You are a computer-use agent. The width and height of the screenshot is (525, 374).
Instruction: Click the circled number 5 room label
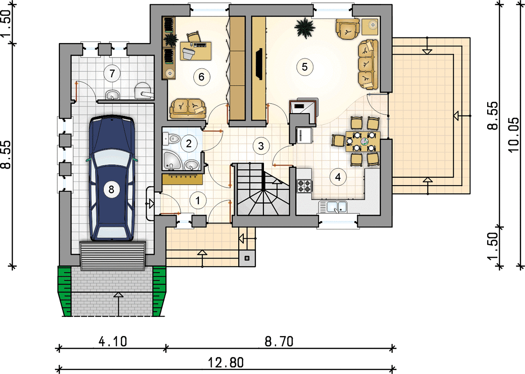[305, 67]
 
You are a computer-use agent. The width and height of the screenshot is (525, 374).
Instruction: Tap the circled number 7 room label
[112, 73]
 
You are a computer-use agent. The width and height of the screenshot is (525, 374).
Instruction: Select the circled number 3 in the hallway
[261, 146]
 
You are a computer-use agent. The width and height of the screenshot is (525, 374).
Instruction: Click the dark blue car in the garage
[112, 178]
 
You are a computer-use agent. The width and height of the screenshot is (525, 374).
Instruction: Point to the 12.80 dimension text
[226, 362]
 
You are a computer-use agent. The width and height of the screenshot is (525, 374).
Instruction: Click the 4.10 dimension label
[113, 341]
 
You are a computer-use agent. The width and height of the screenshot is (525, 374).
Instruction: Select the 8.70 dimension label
[279, 341]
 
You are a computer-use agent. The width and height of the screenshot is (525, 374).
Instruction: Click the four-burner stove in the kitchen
[305, 187]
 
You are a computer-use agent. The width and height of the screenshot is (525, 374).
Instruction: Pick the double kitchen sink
[333, 207]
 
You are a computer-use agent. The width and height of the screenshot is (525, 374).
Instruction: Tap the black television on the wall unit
[258, 65]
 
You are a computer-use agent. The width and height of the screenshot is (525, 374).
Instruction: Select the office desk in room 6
[196, 51]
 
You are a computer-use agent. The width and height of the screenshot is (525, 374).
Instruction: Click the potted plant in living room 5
[305, 28]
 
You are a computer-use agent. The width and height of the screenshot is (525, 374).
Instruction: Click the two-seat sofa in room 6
[188, 108]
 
